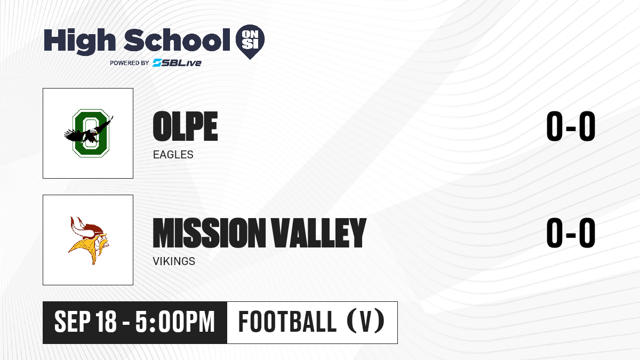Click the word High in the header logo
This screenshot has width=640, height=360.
point(79,41)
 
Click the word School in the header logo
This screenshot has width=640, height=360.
point(177,40)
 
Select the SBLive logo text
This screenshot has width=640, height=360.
point(177,62)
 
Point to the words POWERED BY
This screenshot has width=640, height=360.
point(130,63)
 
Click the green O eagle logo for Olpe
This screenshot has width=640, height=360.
point(89,133)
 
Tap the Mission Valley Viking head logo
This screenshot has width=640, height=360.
point(89,241)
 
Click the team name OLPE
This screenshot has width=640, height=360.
point(185,126)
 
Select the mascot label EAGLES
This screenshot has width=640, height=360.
point(173,155)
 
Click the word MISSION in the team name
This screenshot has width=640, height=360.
point(209,233)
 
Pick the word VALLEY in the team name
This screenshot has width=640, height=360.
point(318,233)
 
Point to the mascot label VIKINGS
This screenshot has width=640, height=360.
point(174,261)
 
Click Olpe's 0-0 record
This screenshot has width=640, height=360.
point(571,126)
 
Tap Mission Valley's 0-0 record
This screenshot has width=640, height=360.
point(571,233)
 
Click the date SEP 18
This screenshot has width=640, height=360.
point(85,322)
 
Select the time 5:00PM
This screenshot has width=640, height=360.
point(175,322)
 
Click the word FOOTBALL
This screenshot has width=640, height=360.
point(287,322)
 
